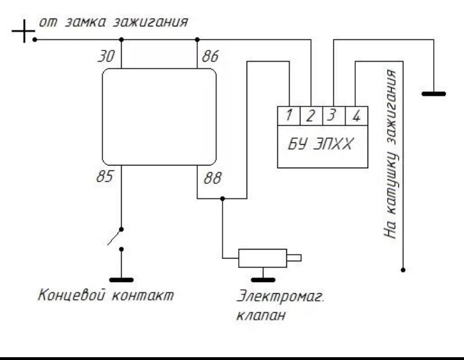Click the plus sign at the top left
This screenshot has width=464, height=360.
click(x=21, y=32)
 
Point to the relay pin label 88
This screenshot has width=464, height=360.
click(x=212, y=179)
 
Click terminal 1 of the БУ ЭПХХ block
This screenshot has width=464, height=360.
click(x=289, y=117)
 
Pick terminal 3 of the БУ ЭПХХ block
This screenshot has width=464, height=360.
click(x=333, y=117)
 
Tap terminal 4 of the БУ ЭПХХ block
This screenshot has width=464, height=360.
click(x=356, y=117)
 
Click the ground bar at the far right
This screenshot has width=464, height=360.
click(x=433, y=94)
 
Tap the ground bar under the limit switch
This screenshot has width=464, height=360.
click(x=121, y=278)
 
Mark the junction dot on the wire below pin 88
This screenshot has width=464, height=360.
click(x=223, y=199)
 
